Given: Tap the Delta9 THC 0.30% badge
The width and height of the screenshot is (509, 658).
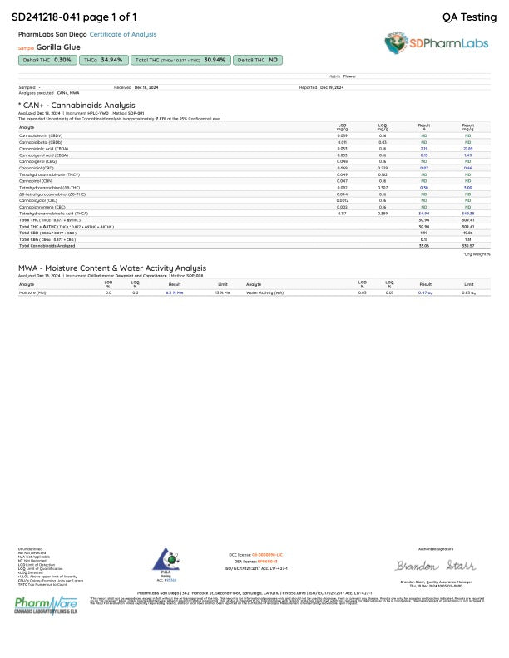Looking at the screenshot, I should (x=48, y=61).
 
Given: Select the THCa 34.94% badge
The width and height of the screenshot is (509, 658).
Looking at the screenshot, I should (x=104, y=61).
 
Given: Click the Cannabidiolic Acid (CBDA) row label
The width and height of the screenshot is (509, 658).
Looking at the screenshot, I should (x=44, y=148).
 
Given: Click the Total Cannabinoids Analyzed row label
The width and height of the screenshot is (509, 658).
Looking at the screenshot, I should (x=48, y=246).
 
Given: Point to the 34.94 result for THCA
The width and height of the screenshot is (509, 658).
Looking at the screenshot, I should (x=423, y=214).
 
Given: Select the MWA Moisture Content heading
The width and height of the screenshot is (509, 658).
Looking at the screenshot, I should (x=112, y=268).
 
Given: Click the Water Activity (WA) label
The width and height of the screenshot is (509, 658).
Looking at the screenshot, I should (x=265, y=293).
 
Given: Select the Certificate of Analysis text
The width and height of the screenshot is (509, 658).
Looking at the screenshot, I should (x=123, y=35).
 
